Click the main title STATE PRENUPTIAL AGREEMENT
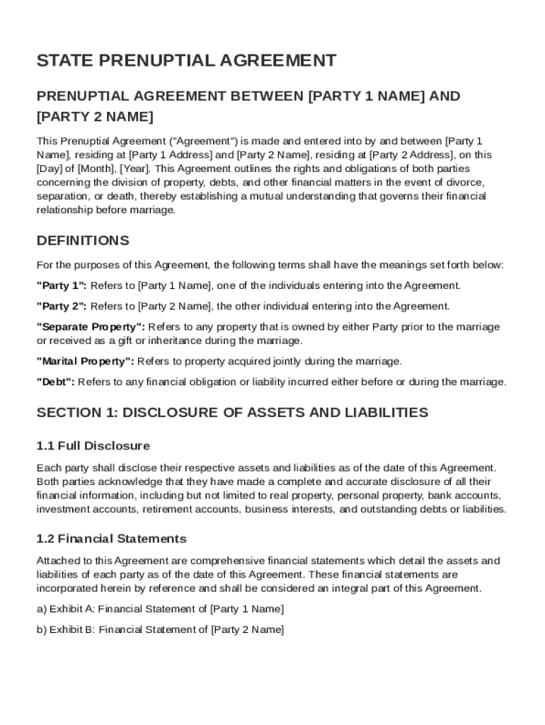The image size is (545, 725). point(186,61)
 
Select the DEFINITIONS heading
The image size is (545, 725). point(83,241)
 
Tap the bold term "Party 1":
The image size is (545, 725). point(62,286)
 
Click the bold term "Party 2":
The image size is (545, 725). point(62,307)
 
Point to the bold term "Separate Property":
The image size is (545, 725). point(91,327)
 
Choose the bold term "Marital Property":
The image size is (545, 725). point(85,361)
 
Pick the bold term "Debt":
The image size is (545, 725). point(55,382)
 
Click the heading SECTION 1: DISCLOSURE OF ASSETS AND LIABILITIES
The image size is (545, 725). point(232,412)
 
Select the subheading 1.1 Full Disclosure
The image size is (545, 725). point(93,446)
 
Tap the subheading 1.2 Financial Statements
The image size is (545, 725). point(111,539)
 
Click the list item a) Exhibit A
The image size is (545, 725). point(160,609)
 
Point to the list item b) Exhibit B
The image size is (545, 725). point(160,629)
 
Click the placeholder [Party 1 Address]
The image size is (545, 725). point(170,155)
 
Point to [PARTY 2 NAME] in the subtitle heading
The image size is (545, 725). point(95,115)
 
